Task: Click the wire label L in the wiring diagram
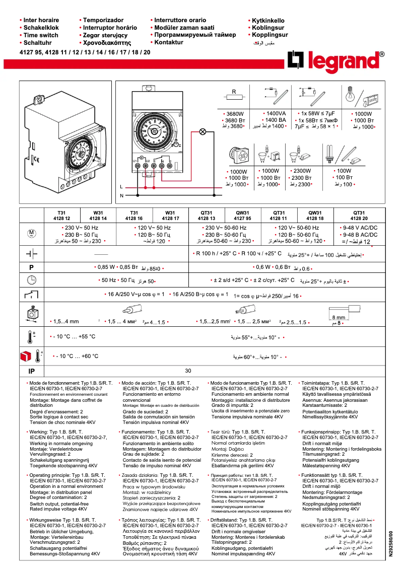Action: [x=121, y=186]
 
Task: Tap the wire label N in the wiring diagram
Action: [x=121, y=195]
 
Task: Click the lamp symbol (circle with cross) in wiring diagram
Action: [x=204, y=132]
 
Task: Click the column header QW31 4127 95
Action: [x=242, y=216]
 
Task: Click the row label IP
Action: [x=31, y=371]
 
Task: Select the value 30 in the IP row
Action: [x=188, y=370]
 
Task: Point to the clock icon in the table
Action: [x=31, y=280]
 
